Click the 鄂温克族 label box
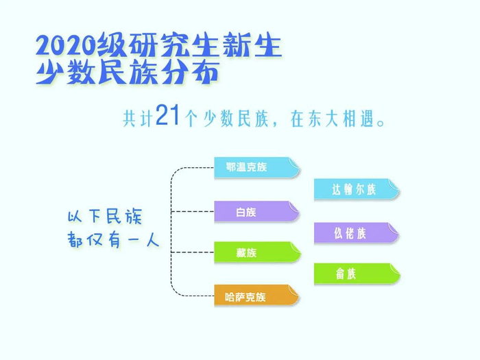(256, 167)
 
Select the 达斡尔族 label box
(357, 189)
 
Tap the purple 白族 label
(256, 211)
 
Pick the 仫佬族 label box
(357, 233)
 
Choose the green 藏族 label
(257, 252)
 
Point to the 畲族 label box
(357, 274)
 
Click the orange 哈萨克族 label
(256, 295)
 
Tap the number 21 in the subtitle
(167, 115)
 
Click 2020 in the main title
(66, 45)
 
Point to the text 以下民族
(105, 217)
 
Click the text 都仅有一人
(113, 239)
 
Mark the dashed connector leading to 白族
(193, 211)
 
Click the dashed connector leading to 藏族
(193, 252)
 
